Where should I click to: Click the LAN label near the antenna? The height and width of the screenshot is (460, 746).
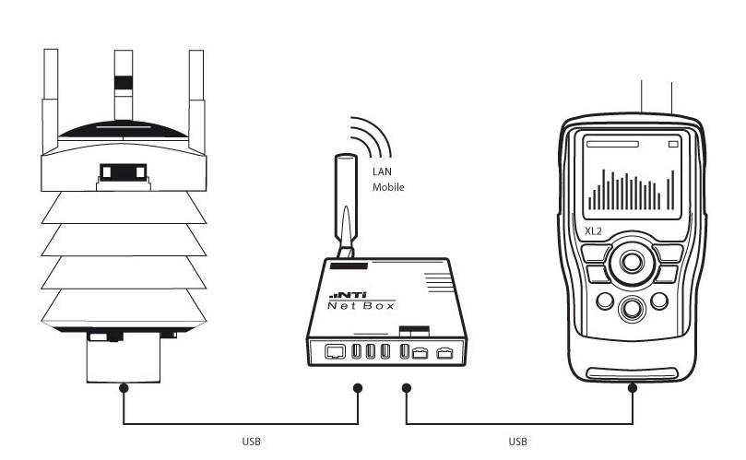382,171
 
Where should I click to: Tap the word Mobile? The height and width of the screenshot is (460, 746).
388,187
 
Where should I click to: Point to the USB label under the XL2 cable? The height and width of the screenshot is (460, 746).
518,442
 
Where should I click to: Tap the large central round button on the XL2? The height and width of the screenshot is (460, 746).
632,262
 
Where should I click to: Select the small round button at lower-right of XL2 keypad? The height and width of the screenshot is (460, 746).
660,301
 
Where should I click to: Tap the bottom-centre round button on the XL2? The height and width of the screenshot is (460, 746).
632,308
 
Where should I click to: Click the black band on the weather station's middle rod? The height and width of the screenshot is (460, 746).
124,81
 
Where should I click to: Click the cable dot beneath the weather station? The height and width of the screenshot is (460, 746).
124,389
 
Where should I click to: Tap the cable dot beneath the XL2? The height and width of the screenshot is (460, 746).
633,389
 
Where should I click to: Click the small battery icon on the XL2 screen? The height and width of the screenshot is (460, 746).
673,145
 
